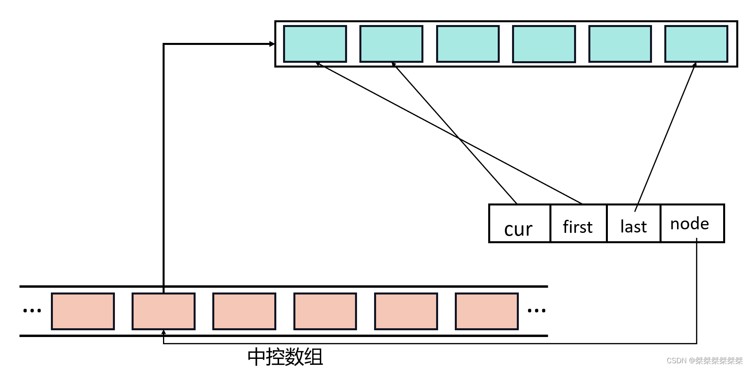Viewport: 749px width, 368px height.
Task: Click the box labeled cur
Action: (519, 224)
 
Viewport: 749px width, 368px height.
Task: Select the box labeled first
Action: (578, 224)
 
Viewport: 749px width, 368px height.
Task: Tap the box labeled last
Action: (633, 224)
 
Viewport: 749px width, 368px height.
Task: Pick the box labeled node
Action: (692, 224)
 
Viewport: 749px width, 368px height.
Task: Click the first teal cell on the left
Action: (315, 44)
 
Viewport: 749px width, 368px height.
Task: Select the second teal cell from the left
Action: (391, 44)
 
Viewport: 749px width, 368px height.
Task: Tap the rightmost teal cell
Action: (696, 44)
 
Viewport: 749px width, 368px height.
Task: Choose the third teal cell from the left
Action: (468, 44)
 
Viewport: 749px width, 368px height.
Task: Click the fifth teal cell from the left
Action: (620, 44)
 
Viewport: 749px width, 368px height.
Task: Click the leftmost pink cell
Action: (83, 311)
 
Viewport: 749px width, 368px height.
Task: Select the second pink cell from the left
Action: (163, 311)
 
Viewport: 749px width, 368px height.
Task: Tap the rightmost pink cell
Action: (487, 311)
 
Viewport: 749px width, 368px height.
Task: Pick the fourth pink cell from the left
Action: (325, 311)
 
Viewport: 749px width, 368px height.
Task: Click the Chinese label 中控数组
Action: (285, 356)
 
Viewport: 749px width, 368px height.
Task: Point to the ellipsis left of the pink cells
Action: (32, 311)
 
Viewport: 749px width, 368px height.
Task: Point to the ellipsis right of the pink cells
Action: (536, 311)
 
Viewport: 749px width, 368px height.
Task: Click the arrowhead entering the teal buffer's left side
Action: (272, 44)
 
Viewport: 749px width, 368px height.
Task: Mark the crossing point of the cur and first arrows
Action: (459, 138)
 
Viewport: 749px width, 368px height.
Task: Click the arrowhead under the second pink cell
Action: (163, 332)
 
